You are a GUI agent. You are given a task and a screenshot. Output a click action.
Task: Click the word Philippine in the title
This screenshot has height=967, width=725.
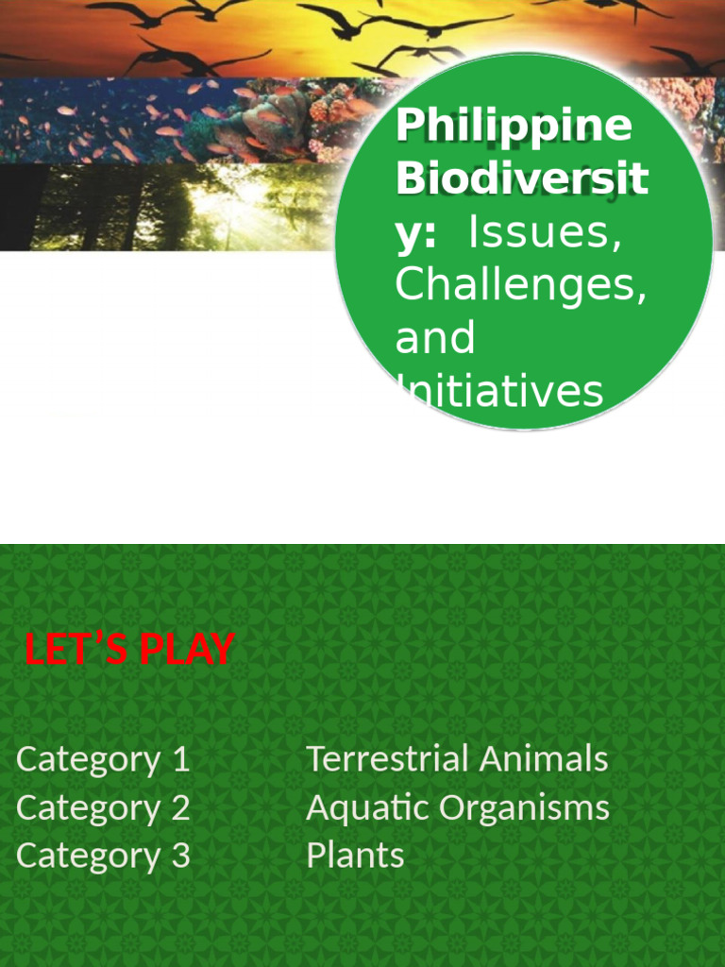click(514, 127)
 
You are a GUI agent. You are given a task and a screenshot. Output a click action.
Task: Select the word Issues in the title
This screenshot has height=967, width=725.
click(545, 232)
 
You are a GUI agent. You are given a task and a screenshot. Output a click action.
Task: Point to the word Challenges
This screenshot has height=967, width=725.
click(521, 284)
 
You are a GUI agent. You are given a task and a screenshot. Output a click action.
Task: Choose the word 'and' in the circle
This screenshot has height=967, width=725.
click(434, 338)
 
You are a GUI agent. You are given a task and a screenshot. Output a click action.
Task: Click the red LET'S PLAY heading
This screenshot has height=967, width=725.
click(129, 650)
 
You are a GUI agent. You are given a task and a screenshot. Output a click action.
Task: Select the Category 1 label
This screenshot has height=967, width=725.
click(103, 759)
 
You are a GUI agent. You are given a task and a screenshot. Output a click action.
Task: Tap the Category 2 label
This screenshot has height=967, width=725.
click(103, 807)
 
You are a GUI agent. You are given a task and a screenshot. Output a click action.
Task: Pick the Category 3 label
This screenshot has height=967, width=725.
click(103, 856)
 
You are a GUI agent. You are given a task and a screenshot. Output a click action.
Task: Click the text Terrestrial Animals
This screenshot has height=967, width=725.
click(457, 759)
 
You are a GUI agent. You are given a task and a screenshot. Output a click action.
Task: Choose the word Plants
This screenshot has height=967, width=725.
click(355, 856)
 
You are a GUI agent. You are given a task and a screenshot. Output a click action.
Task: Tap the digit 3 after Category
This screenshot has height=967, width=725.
click(180, 856)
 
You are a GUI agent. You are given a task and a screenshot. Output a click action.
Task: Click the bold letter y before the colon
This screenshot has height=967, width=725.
click(408, 234)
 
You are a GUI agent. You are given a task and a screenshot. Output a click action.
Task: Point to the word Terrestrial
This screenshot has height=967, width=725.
click(388, 759)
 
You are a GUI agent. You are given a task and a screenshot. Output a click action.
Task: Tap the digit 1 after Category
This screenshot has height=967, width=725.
click(181, 759)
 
